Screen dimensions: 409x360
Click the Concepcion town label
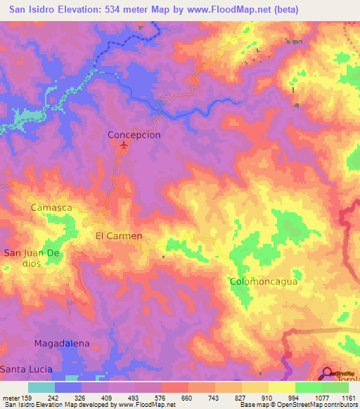point(134,134)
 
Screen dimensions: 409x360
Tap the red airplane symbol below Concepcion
point(124,145)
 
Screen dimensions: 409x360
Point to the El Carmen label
point(119,236)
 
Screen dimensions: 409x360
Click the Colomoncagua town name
point(264,281)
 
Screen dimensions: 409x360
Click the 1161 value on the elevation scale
point(349,398)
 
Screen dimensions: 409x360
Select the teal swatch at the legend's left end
point(41,387)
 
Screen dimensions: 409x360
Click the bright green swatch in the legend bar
point(309,387)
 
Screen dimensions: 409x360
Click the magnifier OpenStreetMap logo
point(329,374)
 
